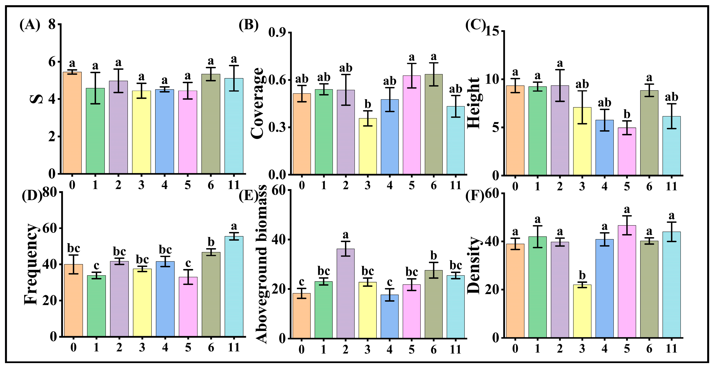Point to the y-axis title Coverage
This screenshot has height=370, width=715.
coord(257,103)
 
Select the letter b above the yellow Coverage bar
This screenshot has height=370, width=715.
coord(368,105)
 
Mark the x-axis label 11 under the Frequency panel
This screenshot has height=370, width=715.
coord(234,347)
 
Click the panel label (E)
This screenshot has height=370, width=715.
coord(248,196)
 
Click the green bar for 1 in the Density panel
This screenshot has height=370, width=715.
coord(537,287)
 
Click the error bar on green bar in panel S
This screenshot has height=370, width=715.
coord(95,88)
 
